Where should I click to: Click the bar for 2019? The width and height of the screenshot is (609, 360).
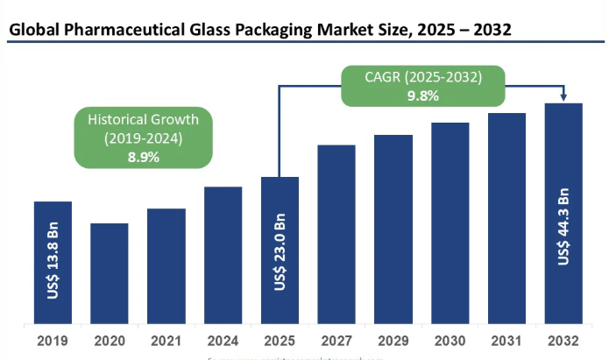coord(53,263)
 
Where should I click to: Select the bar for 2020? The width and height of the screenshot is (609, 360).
coord(110,273)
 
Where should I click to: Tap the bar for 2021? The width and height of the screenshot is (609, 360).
coord(166,266)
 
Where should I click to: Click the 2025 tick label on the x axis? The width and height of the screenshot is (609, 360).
coord(280,341)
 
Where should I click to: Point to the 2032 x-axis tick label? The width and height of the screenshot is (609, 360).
coord(563,341)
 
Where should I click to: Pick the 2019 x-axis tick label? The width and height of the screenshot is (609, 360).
coord(53,341)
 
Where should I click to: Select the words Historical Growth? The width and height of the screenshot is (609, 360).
coord(143,119)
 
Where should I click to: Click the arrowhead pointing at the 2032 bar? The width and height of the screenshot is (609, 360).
coord(563,97)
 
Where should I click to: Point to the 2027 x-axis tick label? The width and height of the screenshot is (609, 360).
coord(336,341)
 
